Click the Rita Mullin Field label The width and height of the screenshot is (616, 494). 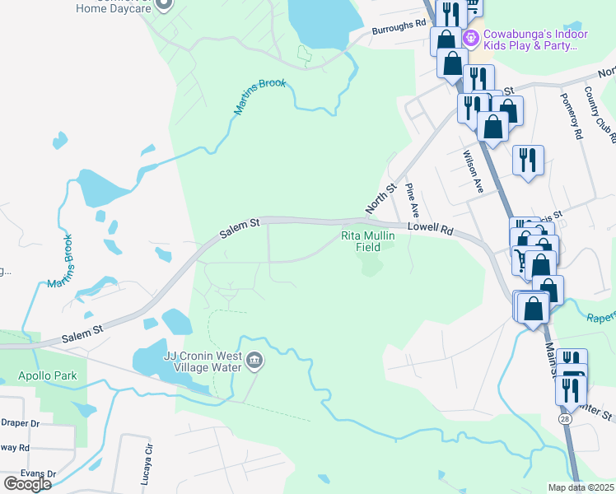click(368, 241)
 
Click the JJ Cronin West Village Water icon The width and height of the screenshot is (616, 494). click(254, 361)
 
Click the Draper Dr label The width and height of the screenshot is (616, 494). click(20, 423)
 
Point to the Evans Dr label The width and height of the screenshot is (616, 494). click(20, 473)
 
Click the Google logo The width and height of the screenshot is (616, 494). click(27, 483)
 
